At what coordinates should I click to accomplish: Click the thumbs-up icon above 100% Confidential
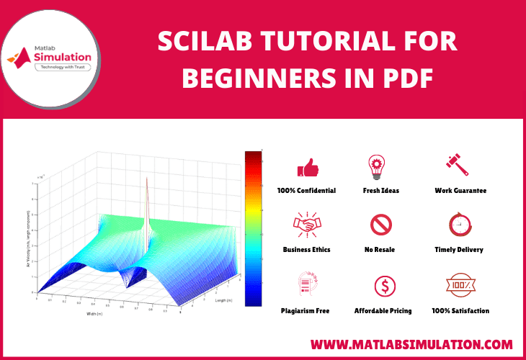(x=308, y=168)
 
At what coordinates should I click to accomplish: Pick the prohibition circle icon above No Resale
(x=380, y=225)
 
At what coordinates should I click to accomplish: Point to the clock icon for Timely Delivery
(x=459, y=225)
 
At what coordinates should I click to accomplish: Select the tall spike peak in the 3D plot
(x=148, y=180)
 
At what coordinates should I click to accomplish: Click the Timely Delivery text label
(x=459, y=250)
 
